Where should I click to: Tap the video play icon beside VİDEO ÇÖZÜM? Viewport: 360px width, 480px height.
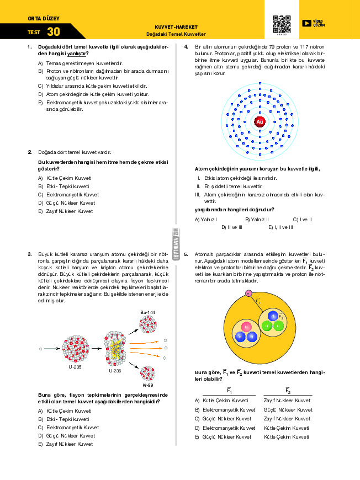(x=306, y=23)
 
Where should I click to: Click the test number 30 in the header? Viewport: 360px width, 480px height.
(x=54, y=32)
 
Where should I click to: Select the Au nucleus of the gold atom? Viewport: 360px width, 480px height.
(x=260, y=122)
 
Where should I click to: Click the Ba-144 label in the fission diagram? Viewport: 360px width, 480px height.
(x=147, y=313)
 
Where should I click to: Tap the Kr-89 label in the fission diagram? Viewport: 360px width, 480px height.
(x=147, y=385)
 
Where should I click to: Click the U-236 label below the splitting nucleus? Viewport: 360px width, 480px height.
(x=115, y=371)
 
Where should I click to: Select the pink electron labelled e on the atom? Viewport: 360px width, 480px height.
(x=248, y=293)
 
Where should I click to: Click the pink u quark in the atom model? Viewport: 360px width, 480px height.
(x=246, y=328)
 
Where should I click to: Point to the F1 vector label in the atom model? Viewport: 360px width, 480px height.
(x=258, y=301)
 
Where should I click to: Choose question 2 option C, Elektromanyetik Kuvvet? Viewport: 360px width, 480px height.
(x=68, y=195)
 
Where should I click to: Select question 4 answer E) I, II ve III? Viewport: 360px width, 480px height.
(x=280, y=227)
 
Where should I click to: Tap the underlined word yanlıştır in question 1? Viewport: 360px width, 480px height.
(x=77, y=54)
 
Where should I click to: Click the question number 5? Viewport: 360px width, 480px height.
(x=187, y=254)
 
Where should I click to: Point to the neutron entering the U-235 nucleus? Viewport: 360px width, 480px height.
(x=41, y=349)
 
